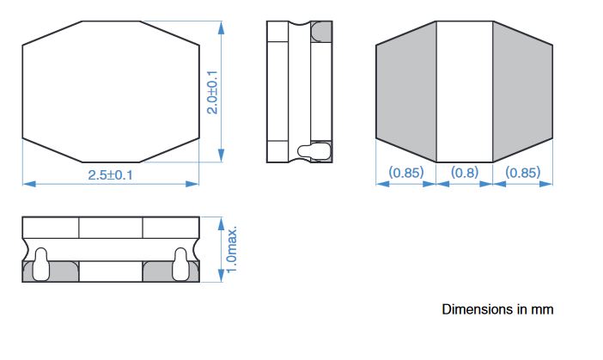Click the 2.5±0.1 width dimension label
pos(110,175)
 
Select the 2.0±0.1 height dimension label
pos(212,92)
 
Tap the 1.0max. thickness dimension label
pos(232,250)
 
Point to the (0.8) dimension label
pos(465,173)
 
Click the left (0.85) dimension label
pos(406,173)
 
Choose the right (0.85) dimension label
pos(523,173)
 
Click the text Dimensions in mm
pos(497,309)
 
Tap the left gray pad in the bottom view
pos(406,92)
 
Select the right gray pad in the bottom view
pos(523,92)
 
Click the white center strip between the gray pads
pos(465,92)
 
